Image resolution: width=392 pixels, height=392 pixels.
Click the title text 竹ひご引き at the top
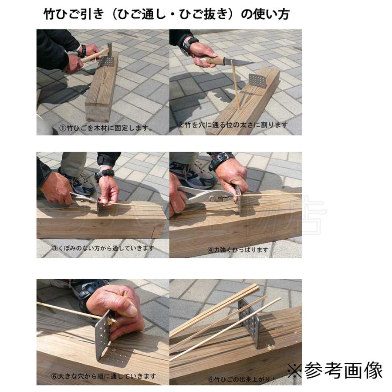click(x=74, y=14)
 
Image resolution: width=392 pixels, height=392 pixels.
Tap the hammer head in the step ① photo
click(x=109, y=47)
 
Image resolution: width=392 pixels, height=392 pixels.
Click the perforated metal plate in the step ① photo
click(x=107, y=61)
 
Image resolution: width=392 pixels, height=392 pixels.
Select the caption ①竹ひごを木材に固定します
click(x=106, y=128)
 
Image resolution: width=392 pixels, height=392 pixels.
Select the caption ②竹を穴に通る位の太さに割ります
click(x=233, y=125)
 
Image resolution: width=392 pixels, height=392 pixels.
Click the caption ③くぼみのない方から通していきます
click(x=103, y=248)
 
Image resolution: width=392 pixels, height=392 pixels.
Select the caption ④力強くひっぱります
click(x=238, y=250)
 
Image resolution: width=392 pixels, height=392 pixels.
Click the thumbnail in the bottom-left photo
click(x=129, y=310)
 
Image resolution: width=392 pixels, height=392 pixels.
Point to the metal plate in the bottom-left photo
click(x=103, y=335)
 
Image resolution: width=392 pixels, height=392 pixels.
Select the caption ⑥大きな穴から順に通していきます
click(x=103, y=376)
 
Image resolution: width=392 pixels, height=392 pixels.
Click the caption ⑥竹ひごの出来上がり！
click(x=241, y=379)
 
